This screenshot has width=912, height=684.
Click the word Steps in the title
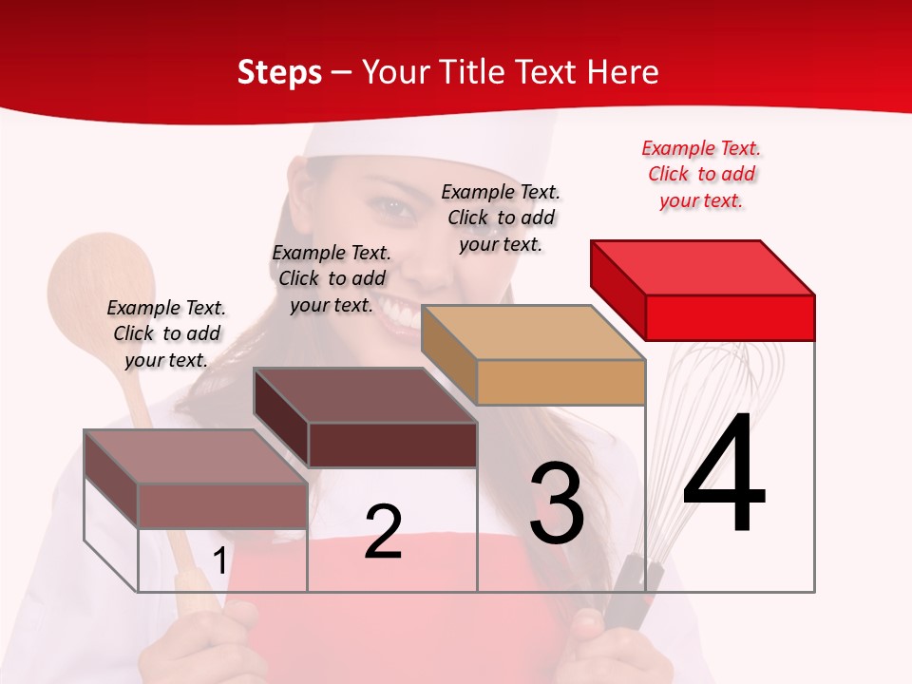coord(279,72)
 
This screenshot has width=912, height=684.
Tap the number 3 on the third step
coord(557,503)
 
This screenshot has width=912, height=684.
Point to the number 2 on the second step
coord(383,532)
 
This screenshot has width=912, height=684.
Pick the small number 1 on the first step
coord(219,561)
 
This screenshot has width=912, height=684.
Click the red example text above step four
coord(701,174)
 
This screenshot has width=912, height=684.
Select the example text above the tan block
coord(501,218)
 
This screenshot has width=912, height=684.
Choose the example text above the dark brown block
coord(332,278)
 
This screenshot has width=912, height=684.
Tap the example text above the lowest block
coord(166,333)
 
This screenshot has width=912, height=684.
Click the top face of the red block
coord(703,267)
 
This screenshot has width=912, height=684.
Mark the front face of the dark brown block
coord(392,445)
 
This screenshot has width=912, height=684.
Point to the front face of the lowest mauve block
coord(222,505)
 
